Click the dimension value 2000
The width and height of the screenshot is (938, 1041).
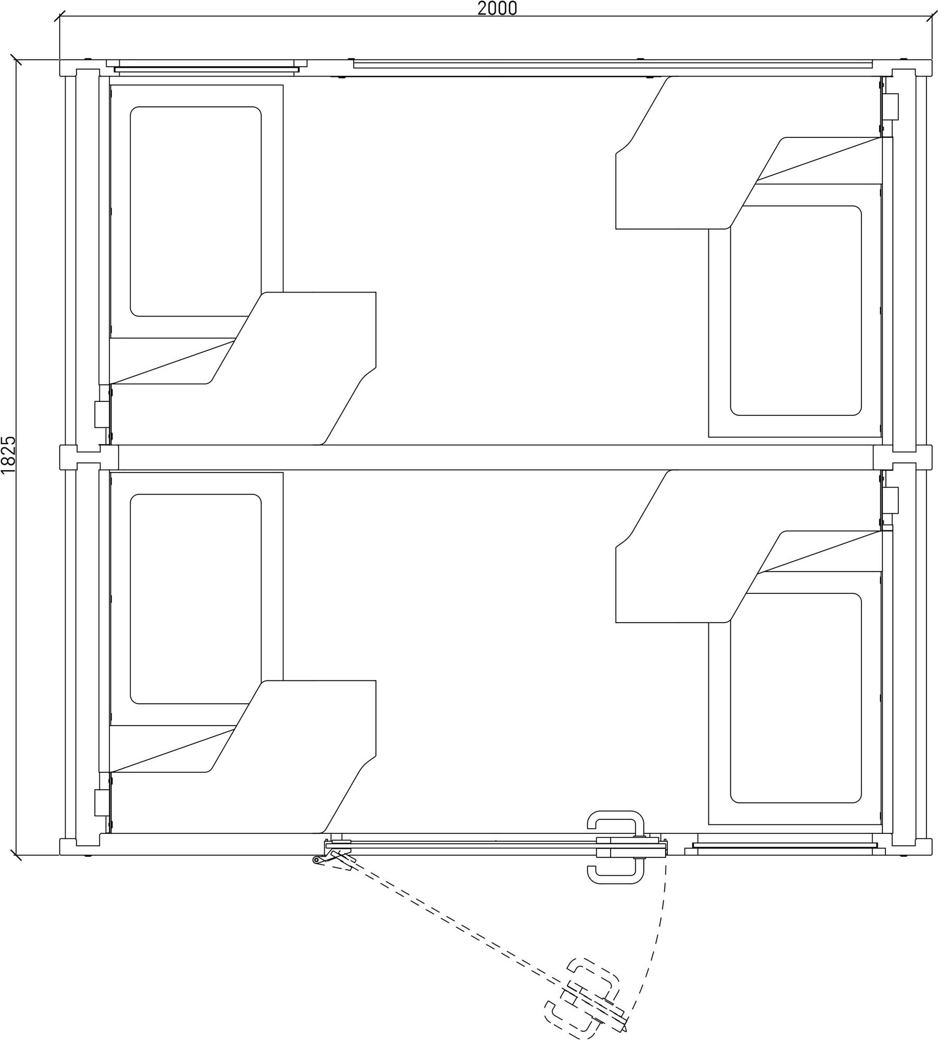coord(497,8)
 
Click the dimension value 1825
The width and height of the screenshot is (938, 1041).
coord(9,455)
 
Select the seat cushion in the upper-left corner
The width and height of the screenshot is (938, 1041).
coord(196,211)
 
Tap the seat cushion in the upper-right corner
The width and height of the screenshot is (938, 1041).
coord(795,311)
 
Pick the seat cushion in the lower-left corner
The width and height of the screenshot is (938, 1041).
coord(196,599)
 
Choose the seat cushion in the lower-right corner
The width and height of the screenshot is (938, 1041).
coord(795,698)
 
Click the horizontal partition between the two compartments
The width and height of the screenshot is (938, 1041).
coord(496,458)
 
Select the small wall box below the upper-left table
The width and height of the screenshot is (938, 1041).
coord(102,414)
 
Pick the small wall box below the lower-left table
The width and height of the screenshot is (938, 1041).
coord(102,803)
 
